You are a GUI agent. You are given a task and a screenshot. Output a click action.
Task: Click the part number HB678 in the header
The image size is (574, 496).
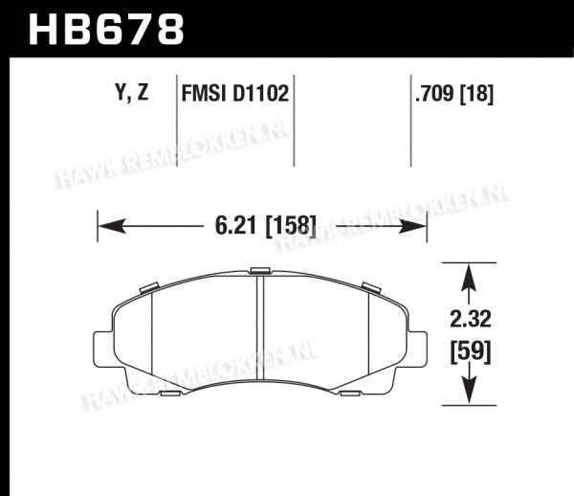click(106, 30)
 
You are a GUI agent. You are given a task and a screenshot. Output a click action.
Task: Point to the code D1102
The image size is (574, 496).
click(260, 93)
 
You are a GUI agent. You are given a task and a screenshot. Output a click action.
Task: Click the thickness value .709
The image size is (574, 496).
click(434, 94)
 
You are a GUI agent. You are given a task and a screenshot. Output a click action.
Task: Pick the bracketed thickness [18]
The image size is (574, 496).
click(476, 94)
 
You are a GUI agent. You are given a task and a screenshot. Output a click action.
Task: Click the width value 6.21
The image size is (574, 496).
click(235, 225)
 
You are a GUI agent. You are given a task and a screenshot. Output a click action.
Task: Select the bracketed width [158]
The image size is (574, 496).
click(290, 225)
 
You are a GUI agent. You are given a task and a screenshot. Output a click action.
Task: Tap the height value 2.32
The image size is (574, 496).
click(470, 319)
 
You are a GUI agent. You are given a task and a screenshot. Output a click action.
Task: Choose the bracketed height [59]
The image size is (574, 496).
click(471, 351)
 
